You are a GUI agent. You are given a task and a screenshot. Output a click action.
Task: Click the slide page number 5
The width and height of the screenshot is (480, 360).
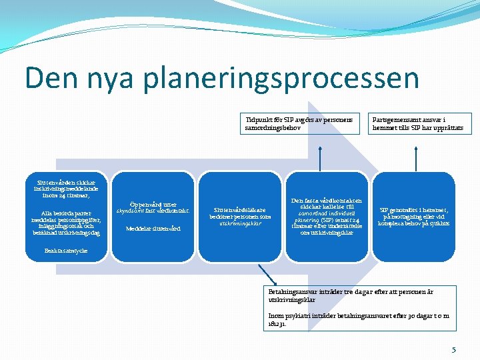pos(453,349)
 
